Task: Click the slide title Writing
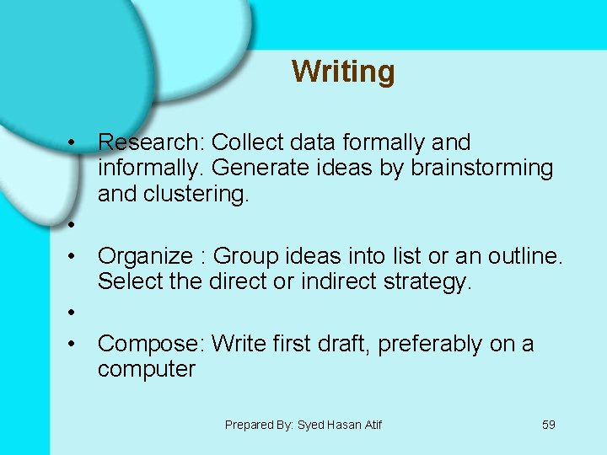343,72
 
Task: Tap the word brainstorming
482,168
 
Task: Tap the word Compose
150,344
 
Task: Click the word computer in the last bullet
146,369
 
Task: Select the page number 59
548,425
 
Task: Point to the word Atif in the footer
371,425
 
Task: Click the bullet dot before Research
74,142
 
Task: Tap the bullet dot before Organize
74,255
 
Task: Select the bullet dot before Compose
74,344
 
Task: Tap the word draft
338,344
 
